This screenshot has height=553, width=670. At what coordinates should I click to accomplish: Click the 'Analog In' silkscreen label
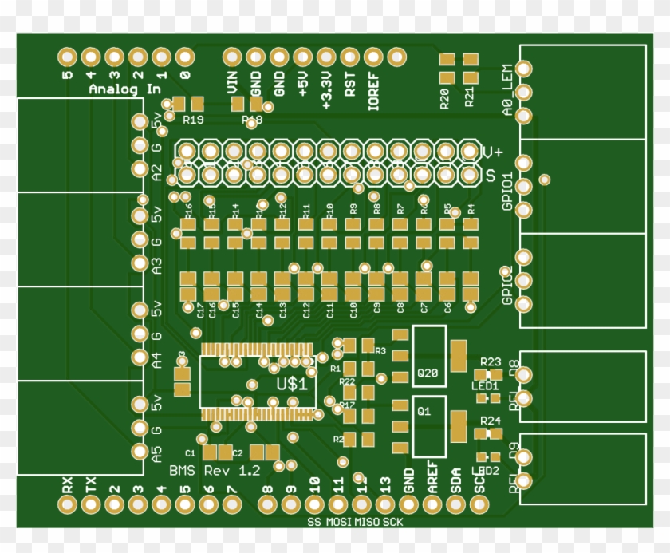tap(124, 89)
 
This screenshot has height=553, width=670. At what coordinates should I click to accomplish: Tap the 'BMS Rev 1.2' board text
tap(215, 471)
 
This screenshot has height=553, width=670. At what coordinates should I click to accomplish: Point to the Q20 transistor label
tap(428, 373)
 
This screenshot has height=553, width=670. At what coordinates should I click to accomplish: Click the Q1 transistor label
tap(424, 411)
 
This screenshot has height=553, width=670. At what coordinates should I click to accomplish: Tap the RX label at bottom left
tap(67, 484)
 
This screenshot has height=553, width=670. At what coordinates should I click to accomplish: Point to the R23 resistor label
tap(490, 361)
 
